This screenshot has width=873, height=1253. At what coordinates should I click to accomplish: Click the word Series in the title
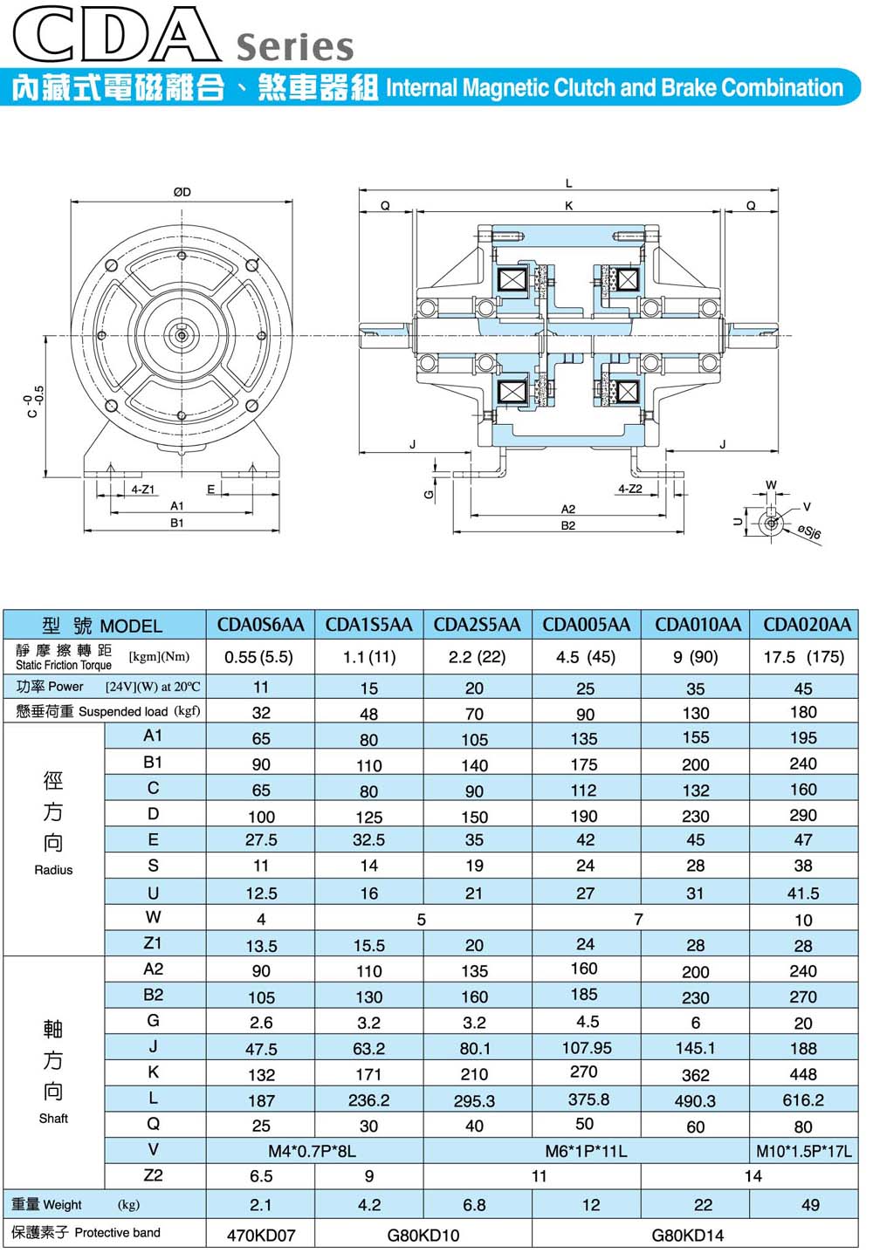(x=295, y=46)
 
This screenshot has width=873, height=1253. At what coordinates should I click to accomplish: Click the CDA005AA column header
(x=586, y=624)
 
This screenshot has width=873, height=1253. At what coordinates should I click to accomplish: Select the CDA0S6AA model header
(x=260, y=624)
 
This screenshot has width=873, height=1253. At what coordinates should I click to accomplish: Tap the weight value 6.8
(x=474, y=1205)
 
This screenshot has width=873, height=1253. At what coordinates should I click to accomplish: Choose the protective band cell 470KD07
(x=261, y=1235)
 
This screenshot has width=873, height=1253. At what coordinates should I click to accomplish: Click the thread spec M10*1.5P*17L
(x=804, y=1151)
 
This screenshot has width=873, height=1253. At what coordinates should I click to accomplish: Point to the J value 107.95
(x=587, y=1048)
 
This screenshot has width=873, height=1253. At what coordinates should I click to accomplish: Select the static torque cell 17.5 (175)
(x=804, y=656)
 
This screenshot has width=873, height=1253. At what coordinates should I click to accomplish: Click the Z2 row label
(x=153, y=1175)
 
